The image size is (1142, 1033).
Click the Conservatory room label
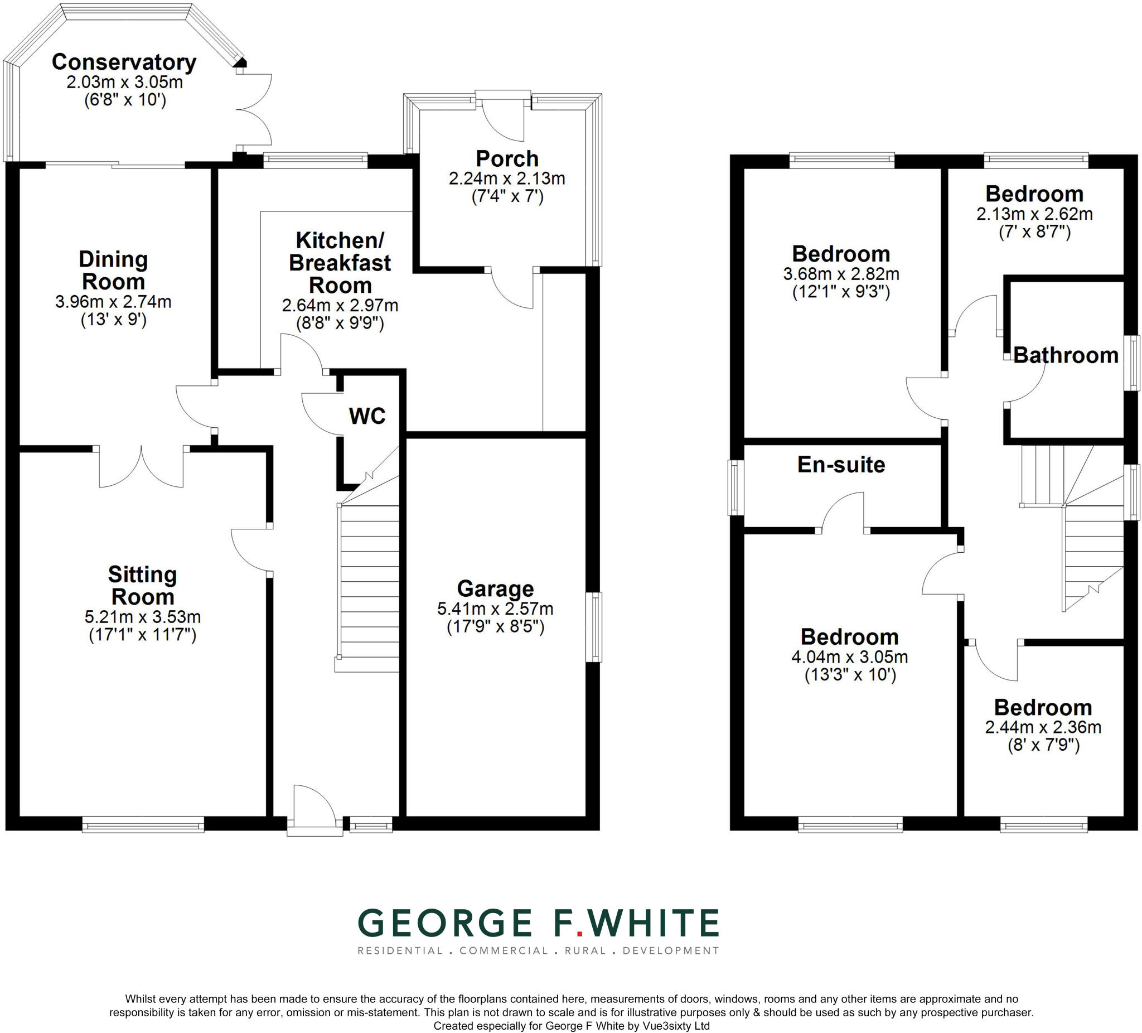[x=124, y=62]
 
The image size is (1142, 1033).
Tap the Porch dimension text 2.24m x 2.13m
[x=507, y=178]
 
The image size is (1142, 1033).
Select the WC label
[x=367, y=416]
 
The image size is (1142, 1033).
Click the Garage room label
[x=495, y=589]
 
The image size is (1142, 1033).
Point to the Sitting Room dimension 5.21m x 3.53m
[x=143, y=616]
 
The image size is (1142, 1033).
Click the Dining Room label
[x=113, y=271]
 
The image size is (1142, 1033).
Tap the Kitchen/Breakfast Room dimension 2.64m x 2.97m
[x=340, y=306]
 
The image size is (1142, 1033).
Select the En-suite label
[x=841, y=465]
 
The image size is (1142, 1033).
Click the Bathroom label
[x=1066, y=355]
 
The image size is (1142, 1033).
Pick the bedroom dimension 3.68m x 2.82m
[x=841, y=274]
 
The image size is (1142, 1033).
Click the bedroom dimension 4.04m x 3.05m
[x=850, y=657]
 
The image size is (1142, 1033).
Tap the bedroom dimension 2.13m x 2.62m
[x=1034, y=214]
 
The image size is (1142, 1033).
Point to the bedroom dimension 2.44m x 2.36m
[x=1043, y=727]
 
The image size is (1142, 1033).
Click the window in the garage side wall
[x=593, y=627]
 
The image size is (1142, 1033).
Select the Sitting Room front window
[x=143, y=824]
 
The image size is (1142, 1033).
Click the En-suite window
[x=736, y=487]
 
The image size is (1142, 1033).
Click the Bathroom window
[x=1132, y=363]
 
